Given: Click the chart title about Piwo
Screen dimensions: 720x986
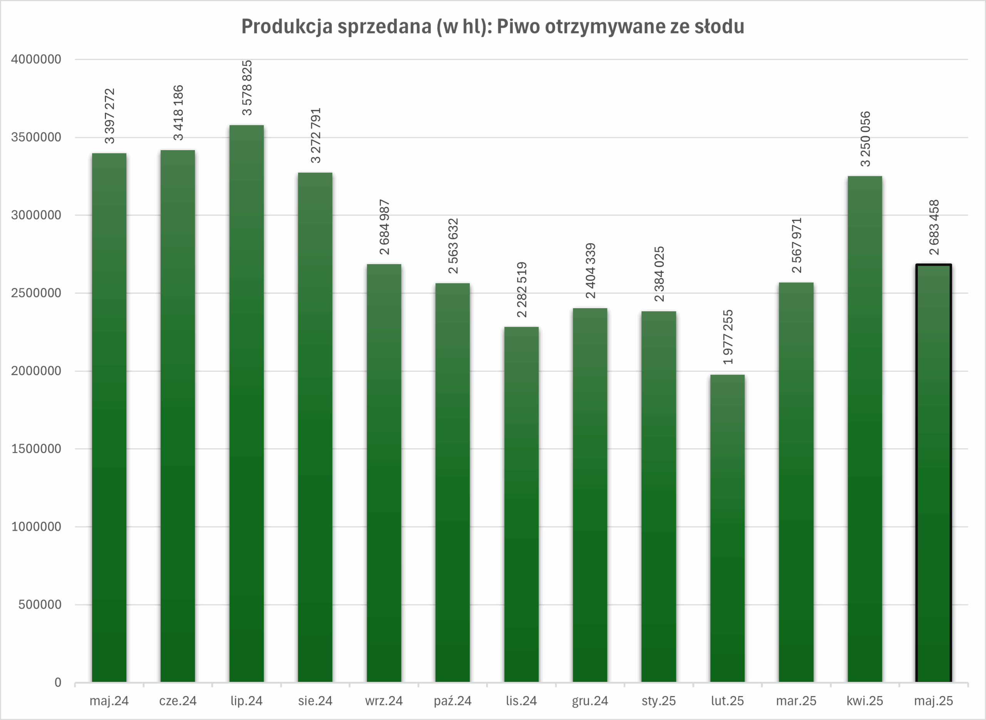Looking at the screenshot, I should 492,27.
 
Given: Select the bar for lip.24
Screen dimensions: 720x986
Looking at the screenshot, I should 246,403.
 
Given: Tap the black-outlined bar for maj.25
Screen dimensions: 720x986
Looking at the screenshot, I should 933,473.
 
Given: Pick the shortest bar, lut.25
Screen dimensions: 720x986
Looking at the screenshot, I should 727,528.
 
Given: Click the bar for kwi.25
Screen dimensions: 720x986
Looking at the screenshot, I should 865,429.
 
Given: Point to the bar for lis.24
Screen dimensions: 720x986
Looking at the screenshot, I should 521,504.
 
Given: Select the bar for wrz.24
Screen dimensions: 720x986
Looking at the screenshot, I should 384,473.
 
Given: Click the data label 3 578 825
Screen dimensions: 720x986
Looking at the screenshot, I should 247,88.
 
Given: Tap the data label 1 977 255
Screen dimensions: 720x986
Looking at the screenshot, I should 728,337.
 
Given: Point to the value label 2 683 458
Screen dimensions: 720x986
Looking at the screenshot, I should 934,227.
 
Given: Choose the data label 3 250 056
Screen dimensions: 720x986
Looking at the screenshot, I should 865,138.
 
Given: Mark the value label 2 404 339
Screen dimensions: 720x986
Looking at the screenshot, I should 590,271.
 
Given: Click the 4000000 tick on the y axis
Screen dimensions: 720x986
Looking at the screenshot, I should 36,59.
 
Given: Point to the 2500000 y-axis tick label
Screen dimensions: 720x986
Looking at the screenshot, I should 36,293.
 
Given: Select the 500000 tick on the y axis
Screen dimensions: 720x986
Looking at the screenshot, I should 40,605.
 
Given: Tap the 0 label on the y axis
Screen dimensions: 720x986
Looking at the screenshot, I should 57,683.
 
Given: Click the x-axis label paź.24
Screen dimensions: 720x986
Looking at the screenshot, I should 452,701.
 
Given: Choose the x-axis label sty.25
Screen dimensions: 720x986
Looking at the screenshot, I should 659,701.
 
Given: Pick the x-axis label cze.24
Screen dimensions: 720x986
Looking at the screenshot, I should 178,701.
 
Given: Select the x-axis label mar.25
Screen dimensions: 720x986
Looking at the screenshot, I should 796,701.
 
